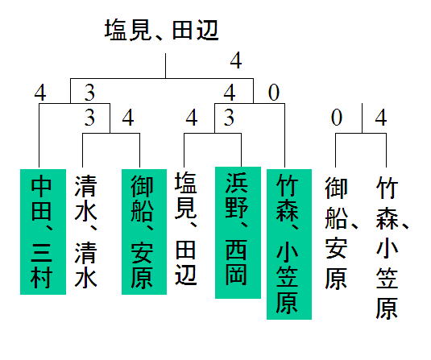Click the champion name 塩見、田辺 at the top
click(x=161, y=30)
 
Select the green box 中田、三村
click(x=43, y=232)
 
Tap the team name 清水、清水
click(x=85, y=232)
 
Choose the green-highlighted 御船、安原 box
click(x=144, y=232)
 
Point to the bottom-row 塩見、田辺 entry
click(x=186, y=229)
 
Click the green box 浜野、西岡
click(x=238, y=233)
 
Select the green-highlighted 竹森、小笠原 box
click(x=289, y=244)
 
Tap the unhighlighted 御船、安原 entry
click(x=341, y=233)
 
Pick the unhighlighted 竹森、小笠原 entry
click(x=392, y=247)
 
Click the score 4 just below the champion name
click(x=236, y=60)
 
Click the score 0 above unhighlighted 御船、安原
click(x=337, y=118)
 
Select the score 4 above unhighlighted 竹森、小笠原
click(x=381, y=118)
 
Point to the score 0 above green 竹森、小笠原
click(x=274, y=93)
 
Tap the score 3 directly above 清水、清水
click(x=89, y=118)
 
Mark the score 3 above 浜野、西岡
click(x=229, y=118)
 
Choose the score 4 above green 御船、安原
click(x=128, y=118)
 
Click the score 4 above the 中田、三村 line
click(x=40, y=93)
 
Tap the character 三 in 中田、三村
click(x=41, y=253)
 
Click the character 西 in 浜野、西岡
click(x=236, y=250)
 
